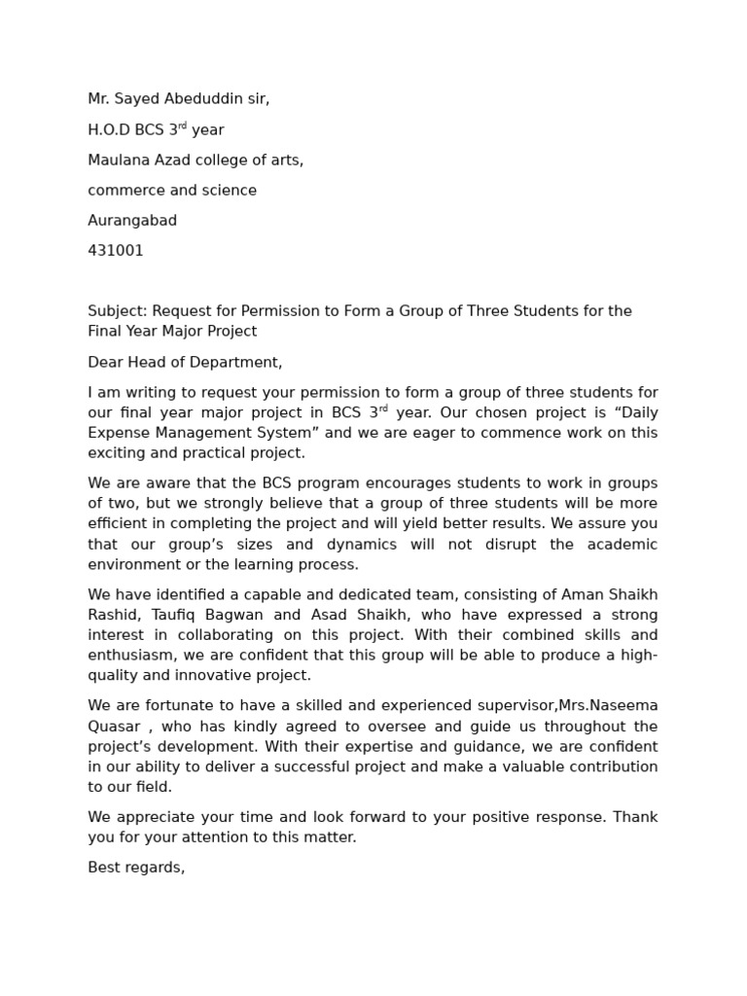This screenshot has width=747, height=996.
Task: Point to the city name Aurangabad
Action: tap(132, 221)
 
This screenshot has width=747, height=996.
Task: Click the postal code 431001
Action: tap(116, 251)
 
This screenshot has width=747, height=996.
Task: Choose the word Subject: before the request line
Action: tap(119, 311)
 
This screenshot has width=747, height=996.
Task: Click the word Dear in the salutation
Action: tap(105, 363)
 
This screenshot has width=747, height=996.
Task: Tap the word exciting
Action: tap(117, 453)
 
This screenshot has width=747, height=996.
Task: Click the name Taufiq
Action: tap(172, 615)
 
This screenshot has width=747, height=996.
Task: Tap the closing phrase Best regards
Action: tap(136, 868)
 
